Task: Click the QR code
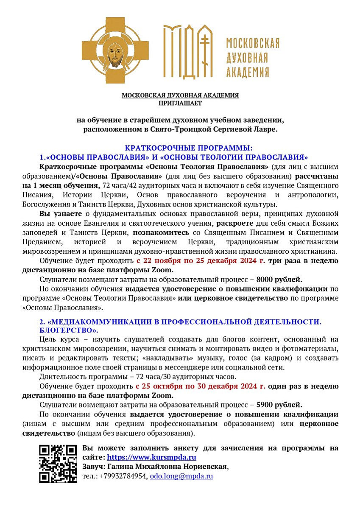pyautogui.click(x=58, y=464)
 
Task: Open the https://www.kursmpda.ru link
pyautogui.click(x=151, y=457)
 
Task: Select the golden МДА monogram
pyautogui.click(x=188, y=51)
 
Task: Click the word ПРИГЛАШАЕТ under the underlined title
pyautogui.click(x=180, y=103)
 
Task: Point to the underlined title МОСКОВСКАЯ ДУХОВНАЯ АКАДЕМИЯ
pyautogui.click(x=180, y=95)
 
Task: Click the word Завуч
pyautogui.click(x=92, y=467)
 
